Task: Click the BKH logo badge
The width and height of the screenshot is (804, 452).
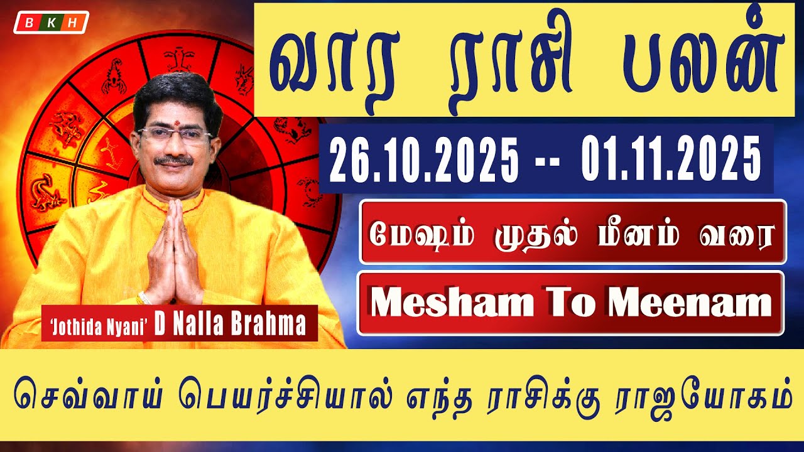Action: tap(51, 22)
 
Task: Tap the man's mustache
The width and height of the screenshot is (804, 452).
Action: tap(174, 161)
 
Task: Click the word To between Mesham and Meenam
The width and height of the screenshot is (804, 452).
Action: tap(572, 304)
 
